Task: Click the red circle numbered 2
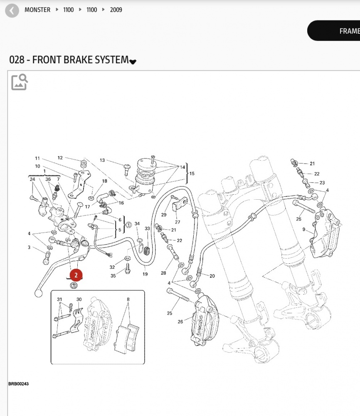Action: coord(76,275)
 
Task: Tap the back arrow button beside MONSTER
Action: coord(12,10)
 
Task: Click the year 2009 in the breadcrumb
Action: coord(116,10)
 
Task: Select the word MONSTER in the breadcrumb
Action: coord(37,10)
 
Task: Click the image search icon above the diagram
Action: coord(19,82)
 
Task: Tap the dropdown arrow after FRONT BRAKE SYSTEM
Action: coord(133,62)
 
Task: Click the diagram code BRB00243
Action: coord(19,384)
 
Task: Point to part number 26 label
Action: coord(180,321)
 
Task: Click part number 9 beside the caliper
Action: coord(304,229)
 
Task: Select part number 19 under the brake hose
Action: coord(145,274)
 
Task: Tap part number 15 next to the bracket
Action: coord(192,173)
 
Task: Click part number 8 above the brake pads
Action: coord(128,299)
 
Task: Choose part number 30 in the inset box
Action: coord(79,300)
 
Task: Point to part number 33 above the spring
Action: coord(147,229)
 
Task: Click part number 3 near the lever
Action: coord(29,248)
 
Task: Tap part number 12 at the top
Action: coord(60,158)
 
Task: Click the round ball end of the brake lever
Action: coord(38,293)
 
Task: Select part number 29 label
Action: coord(164,215)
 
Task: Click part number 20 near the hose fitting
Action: coord(212,276)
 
